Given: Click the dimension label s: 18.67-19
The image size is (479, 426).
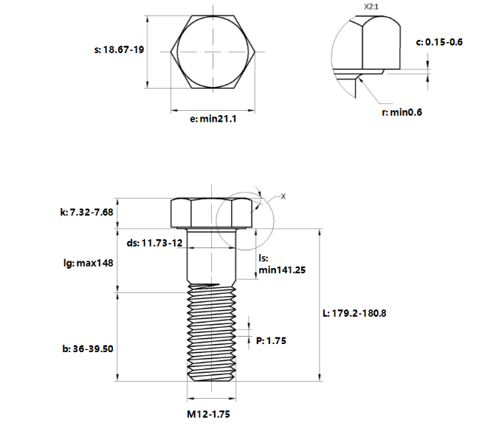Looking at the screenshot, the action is tap(119, 49).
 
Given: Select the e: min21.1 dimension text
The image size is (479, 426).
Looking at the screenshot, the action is tap(213, 119).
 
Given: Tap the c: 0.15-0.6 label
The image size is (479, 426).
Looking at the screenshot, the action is tap(439, 42).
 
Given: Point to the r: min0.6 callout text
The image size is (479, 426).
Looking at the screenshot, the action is tap(402, 112).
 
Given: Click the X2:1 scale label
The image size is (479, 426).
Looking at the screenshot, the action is tap(371, 7).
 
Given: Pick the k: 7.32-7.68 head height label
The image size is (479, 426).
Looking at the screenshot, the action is tap(87, 212).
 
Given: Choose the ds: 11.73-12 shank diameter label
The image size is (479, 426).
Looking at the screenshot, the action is tap(154, 243).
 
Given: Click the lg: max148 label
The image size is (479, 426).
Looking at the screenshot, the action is tap(89, 263).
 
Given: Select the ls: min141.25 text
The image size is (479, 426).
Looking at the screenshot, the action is tap(282, 264).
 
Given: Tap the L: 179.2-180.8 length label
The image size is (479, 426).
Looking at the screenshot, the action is tap(354, 313).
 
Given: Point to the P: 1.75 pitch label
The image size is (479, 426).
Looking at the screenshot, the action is tap(272, 341).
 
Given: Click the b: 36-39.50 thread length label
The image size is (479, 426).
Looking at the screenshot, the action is tap(88, 348).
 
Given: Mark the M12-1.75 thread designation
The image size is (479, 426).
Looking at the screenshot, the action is tap(208, 414).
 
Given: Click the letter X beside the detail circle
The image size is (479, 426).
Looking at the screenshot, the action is tap(283, 196).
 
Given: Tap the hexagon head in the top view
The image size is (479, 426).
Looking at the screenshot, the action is tap(213, 52).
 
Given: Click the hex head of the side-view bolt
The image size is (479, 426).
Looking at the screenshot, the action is tap(211, 213).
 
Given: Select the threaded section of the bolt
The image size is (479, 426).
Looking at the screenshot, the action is tap(211, 332).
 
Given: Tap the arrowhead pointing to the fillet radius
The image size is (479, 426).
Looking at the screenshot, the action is tap(362, 80).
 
